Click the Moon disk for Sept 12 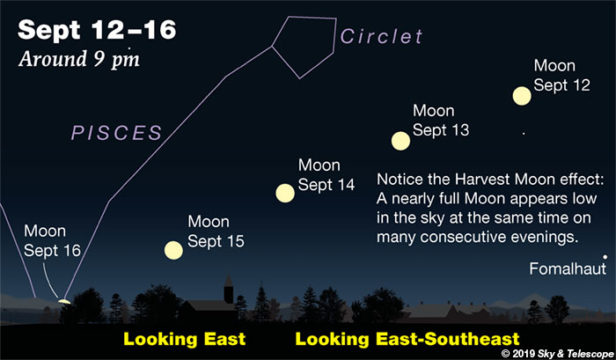point(521,96)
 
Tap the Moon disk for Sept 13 point(400,141)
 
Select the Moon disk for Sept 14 point(285,193)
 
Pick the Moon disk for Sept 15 point(174,250)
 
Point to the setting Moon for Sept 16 point(64,299)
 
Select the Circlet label point(382,38)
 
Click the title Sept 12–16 point(97,29)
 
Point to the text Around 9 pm point(80,57)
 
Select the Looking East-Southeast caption point(407,339)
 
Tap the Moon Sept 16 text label point(51,241)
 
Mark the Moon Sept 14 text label point(326,174)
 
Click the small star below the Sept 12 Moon point(522,132)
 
